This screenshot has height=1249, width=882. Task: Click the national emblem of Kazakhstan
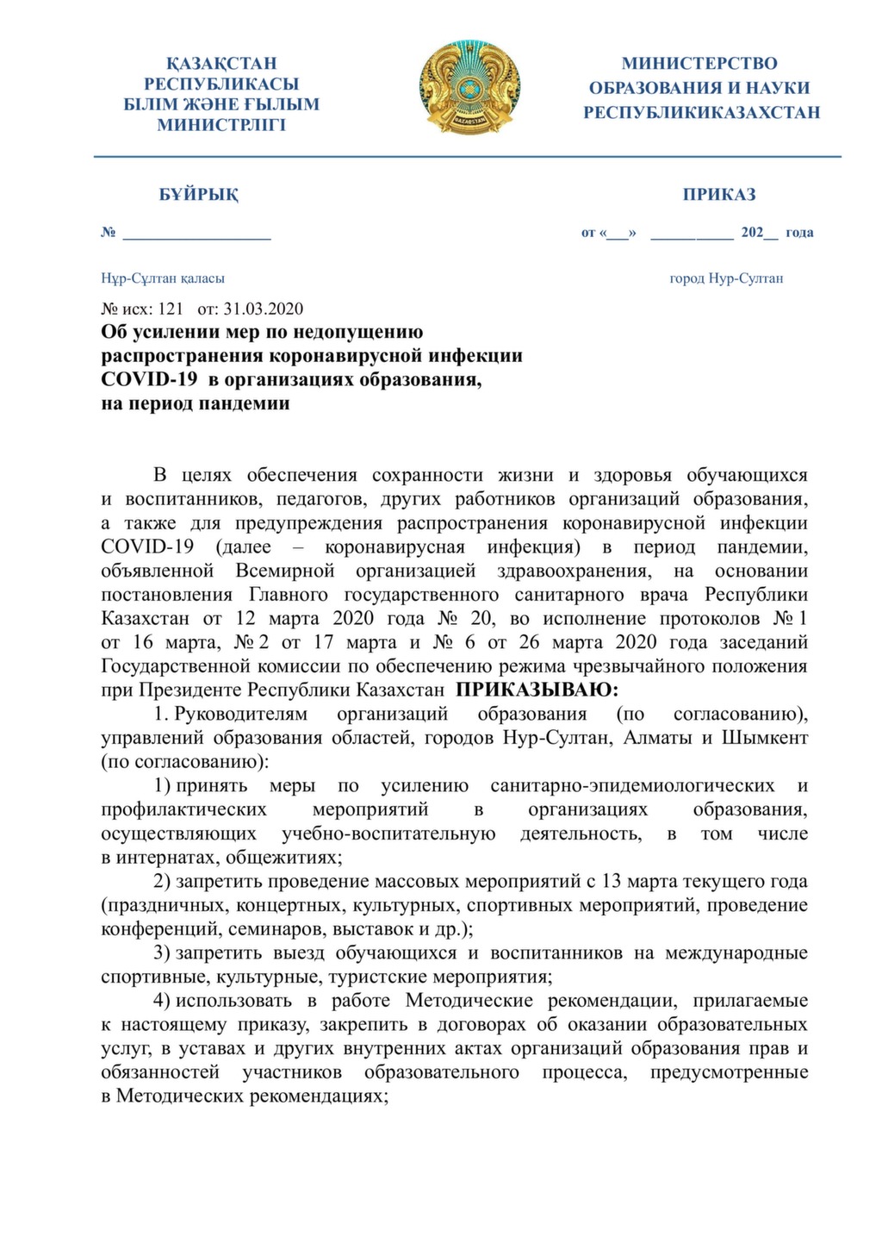tap(470, 86)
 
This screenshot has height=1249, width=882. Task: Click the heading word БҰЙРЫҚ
tap(199, 195)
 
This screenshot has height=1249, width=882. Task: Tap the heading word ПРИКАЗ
tap(719, 195)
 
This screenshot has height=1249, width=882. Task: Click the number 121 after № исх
tap(171, 309)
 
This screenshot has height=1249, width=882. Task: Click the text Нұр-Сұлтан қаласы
tap(163, 278)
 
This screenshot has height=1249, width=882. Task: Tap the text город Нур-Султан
tap(726, 278)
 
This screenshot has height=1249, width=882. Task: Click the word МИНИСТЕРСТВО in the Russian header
tap(699, 64)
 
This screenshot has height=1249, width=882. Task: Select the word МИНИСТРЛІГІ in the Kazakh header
tap(221, 125)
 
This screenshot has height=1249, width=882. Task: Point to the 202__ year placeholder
tap(759, 233)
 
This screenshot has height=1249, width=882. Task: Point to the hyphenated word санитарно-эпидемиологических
tap(632, 786)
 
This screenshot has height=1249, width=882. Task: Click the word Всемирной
tap(285, 571)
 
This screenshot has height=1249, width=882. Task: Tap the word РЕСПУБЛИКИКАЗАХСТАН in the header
tap(701, 113)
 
